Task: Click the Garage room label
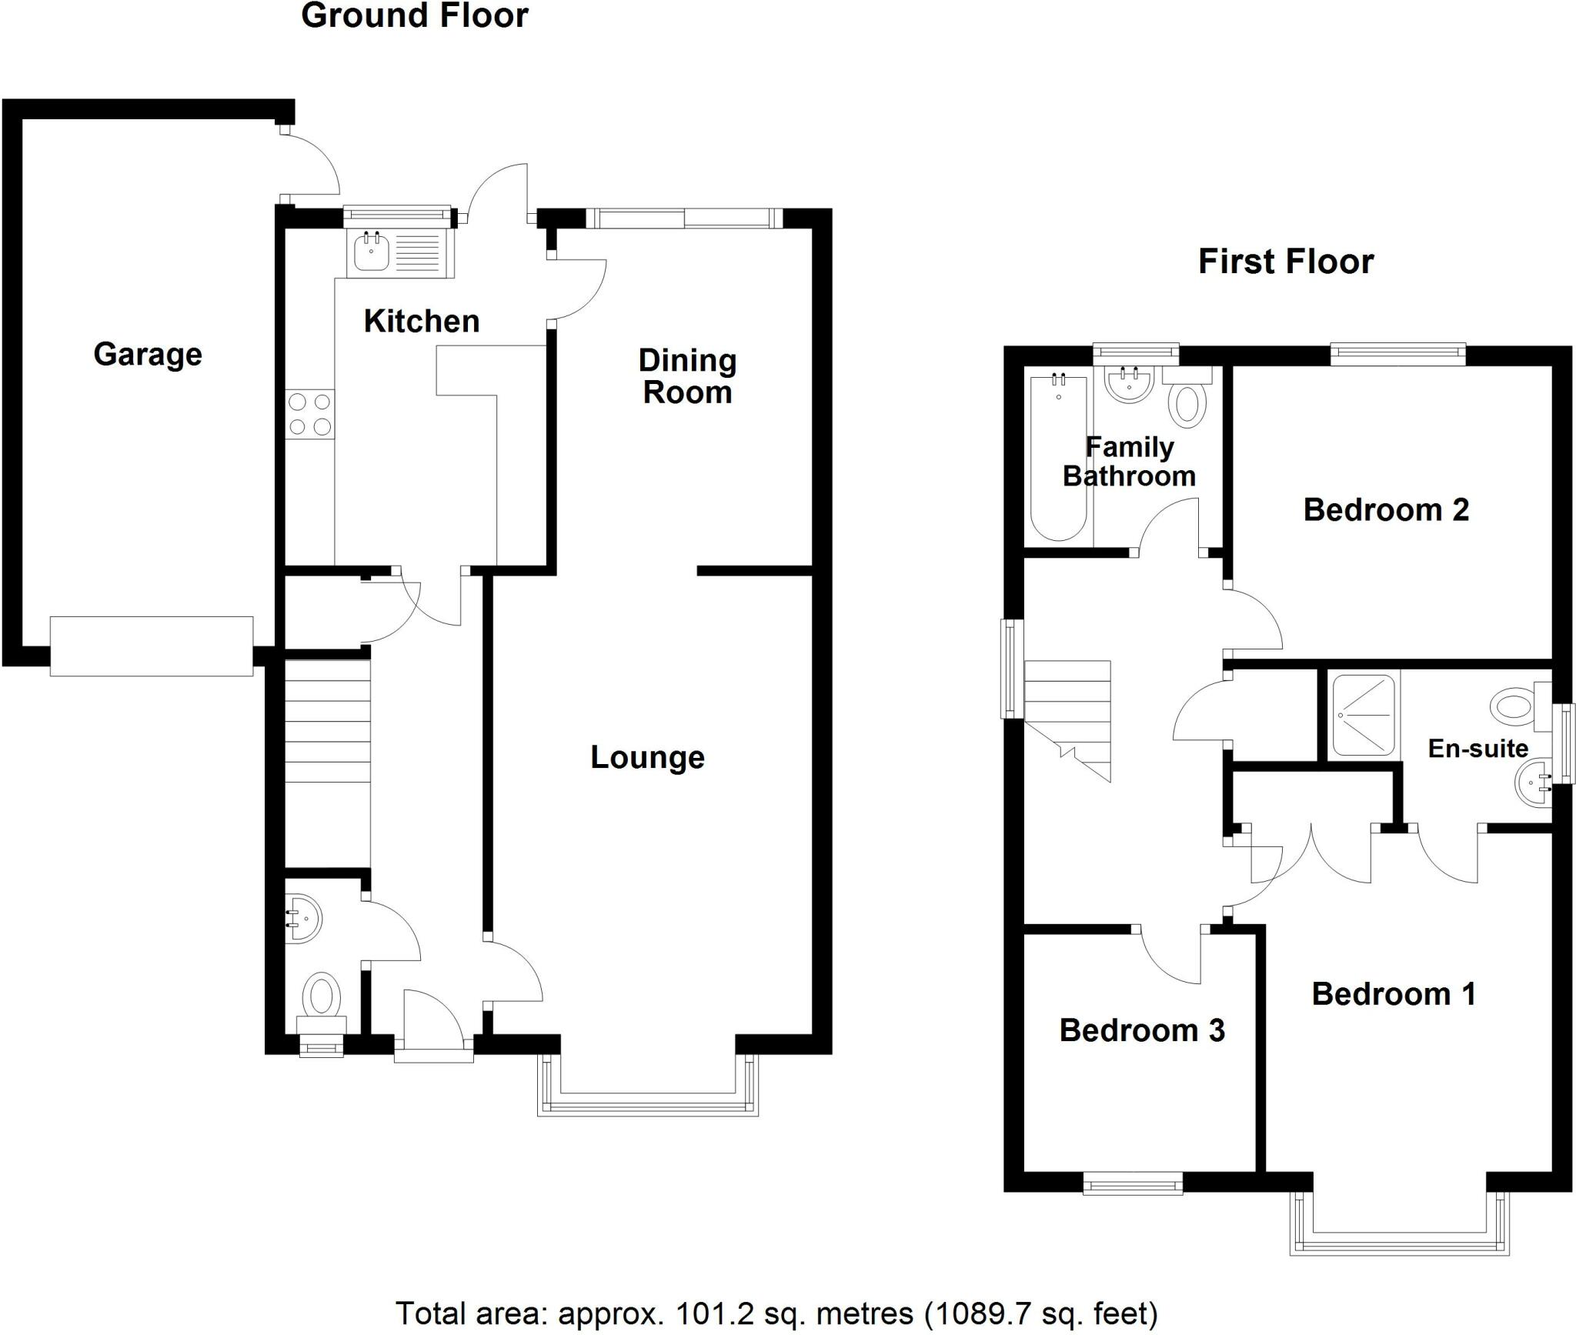click(x=148, y=355)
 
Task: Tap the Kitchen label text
click(x=421, y=321)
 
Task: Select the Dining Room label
click(x=687, y=376)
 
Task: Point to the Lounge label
click(x=647, y=757)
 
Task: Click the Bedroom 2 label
click(x=1386, y=509)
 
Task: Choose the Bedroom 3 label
click(x=1141, y=1030)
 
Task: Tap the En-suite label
click(x=1477, y=748)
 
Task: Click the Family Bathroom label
click(x=1129, y=462)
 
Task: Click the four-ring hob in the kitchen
click(x=310, y=414)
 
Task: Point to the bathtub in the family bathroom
click(x=1058, y=456)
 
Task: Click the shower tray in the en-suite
click(x=1363, y=715)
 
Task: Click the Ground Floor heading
click(x=414, y=16)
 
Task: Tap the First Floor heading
click(x=1285, y=262)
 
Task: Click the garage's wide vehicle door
click(x=152, y=646)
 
